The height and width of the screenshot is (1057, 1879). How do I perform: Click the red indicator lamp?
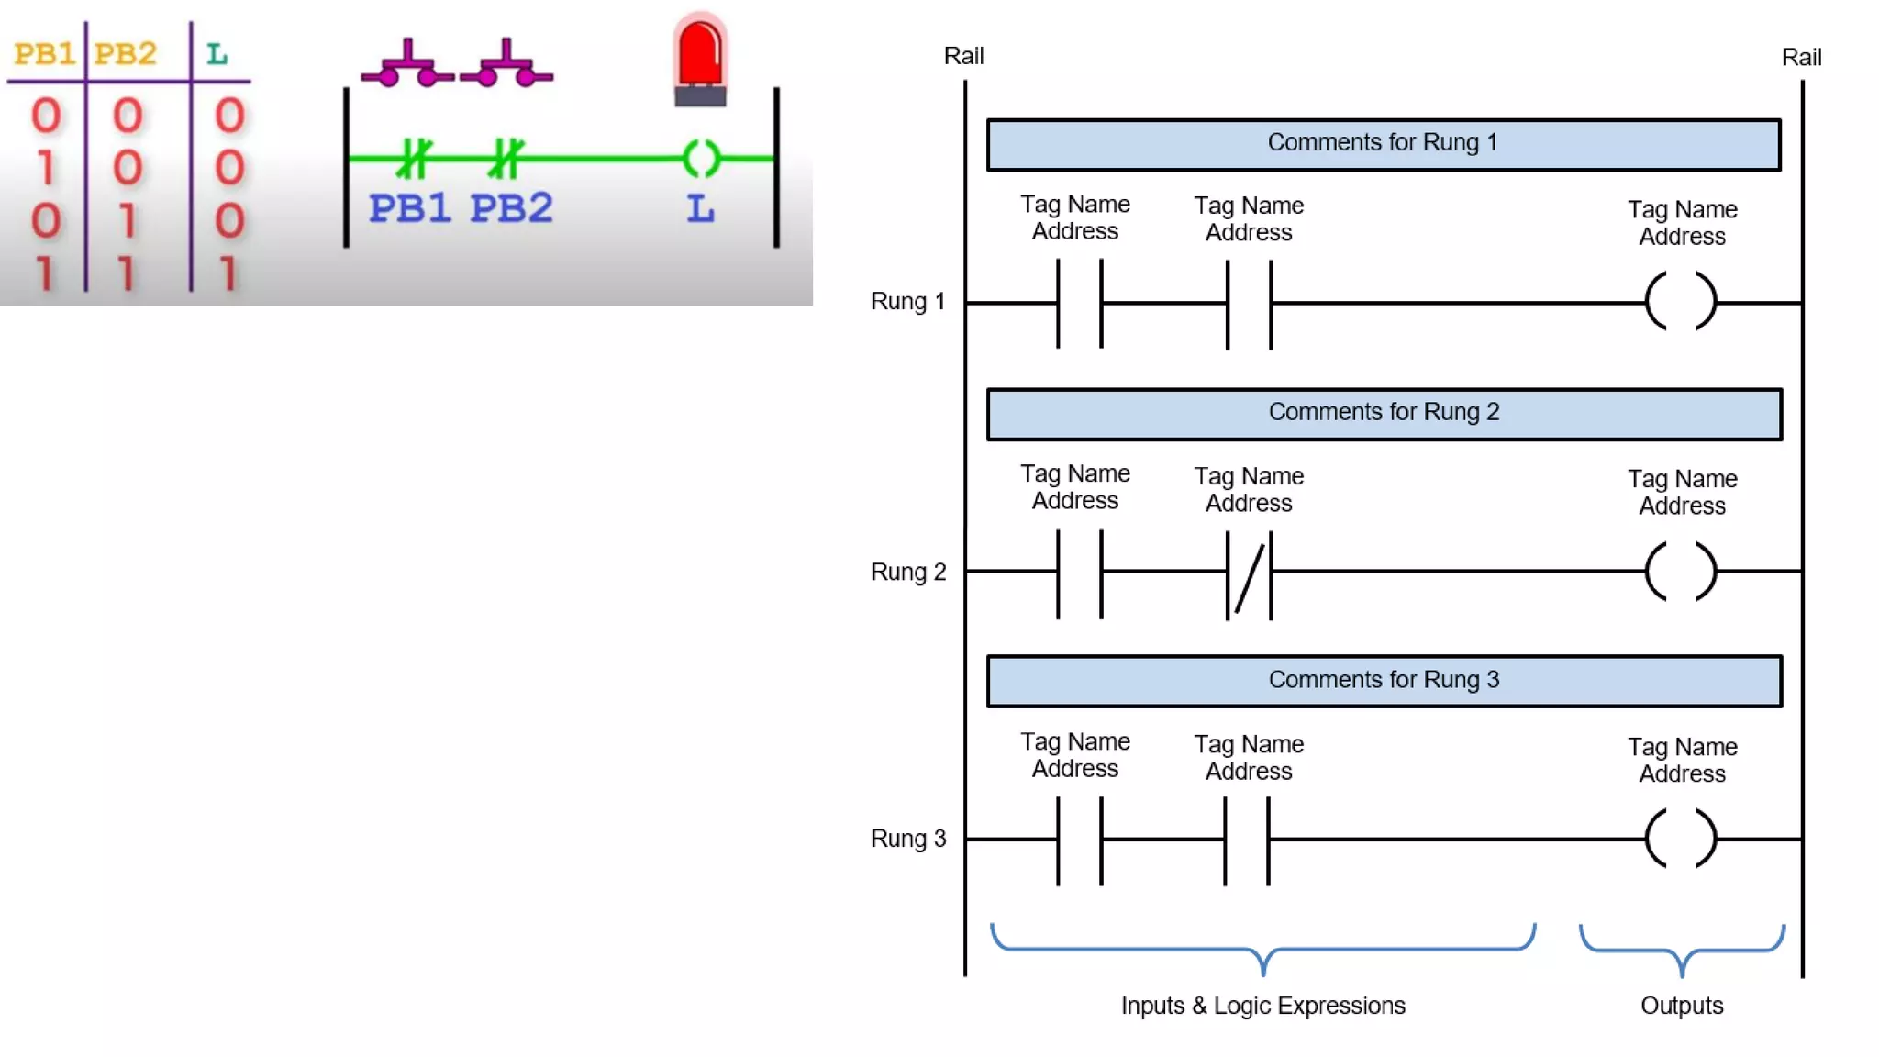click(x=700, y=60)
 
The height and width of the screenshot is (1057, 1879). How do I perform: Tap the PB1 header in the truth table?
click(x=44, y=53)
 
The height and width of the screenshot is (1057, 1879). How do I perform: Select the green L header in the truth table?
click(x=217, y=54)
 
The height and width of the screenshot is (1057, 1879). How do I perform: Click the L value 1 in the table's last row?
click(x=228, y=273)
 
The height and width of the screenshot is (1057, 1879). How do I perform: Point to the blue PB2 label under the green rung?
click(x=511, y=208)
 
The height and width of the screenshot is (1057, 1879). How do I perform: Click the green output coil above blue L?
click(x=702, y=159)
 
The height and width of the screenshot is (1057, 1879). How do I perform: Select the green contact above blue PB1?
click(x=414, y=159)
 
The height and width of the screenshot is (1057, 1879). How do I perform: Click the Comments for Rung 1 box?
click(x=1383, y=144)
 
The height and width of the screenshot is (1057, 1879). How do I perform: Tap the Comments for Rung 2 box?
click(x=1384, y=414)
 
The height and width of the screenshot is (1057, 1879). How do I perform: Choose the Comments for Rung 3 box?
click(x=1384, y=681)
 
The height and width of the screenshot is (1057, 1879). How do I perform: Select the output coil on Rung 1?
click(x=1681, y=301)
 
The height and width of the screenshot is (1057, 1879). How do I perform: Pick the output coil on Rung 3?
click(x=1681, y=838)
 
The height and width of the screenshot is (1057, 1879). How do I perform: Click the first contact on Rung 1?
click(x=1079, y=303)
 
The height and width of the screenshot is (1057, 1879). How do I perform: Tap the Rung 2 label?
click(x=907, y=572)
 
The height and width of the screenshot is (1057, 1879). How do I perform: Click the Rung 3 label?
click(x=907, y=839)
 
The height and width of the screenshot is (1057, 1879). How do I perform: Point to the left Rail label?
click(x=963, y=56)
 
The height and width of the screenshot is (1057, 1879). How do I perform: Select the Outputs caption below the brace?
click(x=1682, y=1006)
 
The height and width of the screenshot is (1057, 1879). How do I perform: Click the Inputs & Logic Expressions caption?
click(x=1262, y=1006)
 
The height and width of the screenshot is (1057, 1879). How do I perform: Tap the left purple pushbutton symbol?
click(x=407, y=66)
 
